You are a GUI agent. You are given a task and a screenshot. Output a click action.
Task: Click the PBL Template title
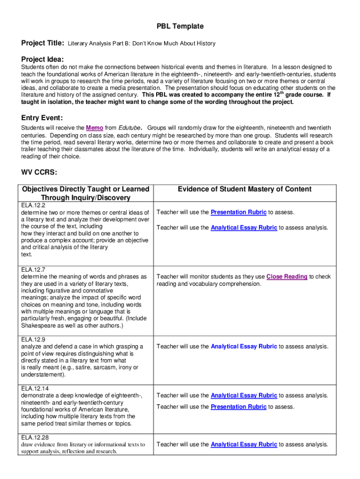click(180, 26)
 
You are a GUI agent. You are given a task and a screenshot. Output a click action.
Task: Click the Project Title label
click(43, 43)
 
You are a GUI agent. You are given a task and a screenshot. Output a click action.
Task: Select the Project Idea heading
click(42, 59)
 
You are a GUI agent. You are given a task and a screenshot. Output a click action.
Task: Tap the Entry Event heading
click(42, 117)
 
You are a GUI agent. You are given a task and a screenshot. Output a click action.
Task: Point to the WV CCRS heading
click(39, 173)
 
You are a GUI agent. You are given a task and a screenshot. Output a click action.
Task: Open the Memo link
click(95, 128)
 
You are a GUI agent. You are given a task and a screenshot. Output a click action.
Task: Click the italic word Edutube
click(130, 128)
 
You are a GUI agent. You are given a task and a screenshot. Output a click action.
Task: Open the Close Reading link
click(287, 276)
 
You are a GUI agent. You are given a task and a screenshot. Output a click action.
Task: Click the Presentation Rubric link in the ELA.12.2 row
click(238, 212)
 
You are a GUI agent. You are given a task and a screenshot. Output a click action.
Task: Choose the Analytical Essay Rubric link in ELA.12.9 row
click(244, 347)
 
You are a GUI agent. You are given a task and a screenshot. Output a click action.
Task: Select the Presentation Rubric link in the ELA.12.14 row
click(238, 407)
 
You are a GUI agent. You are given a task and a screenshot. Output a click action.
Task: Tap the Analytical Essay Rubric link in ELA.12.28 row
click(244, 444)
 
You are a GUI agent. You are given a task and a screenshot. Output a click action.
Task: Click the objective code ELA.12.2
click(33, 206)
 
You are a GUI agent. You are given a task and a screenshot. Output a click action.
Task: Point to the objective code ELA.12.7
click(33, 269)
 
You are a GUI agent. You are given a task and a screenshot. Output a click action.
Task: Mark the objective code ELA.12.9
click(33, 340)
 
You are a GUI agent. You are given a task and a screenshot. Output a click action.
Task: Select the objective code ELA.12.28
click(35, 437)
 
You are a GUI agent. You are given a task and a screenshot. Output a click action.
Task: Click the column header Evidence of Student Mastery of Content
click(245, 189)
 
